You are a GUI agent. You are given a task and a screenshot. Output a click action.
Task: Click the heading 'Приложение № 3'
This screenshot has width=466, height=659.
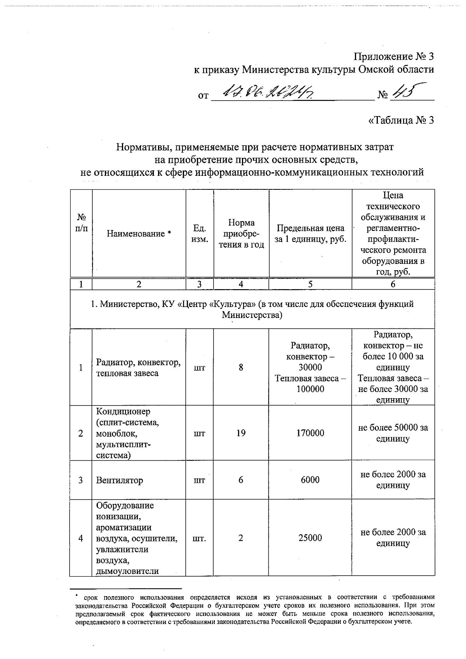point(393,57)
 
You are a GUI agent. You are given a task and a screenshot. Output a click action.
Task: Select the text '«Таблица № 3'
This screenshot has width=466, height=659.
point(400,120)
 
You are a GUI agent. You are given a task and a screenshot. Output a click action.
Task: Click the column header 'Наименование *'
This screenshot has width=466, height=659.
point(139,234)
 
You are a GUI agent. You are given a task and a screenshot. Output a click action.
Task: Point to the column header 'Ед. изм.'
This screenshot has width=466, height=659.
point(199,234)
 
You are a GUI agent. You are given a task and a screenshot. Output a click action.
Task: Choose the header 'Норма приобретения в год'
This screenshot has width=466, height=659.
point(241,234)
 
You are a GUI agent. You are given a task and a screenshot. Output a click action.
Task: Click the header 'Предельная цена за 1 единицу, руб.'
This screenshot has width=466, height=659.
point(310,234)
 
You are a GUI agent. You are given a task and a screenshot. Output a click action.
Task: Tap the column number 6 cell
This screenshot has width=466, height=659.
point(393,284)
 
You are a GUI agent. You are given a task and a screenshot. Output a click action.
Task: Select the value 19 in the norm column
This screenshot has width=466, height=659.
point(241,433)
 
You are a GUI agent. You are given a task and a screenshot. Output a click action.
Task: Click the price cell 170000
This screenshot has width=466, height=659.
point(310,433)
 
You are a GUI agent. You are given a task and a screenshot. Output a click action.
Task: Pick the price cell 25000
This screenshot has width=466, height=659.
point(310,538)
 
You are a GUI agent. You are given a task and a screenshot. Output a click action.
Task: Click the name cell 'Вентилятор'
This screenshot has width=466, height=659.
point(120,480)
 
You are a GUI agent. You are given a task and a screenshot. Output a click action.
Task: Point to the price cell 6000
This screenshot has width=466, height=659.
point(310,480)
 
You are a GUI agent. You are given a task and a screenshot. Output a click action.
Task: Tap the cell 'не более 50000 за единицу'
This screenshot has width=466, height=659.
point(393,433)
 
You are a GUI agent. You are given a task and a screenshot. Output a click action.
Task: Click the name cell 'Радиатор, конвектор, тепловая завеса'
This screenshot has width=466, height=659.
point(138,368)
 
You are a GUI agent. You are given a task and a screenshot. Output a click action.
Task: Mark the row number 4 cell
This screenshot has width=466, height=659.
point(81,538)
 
